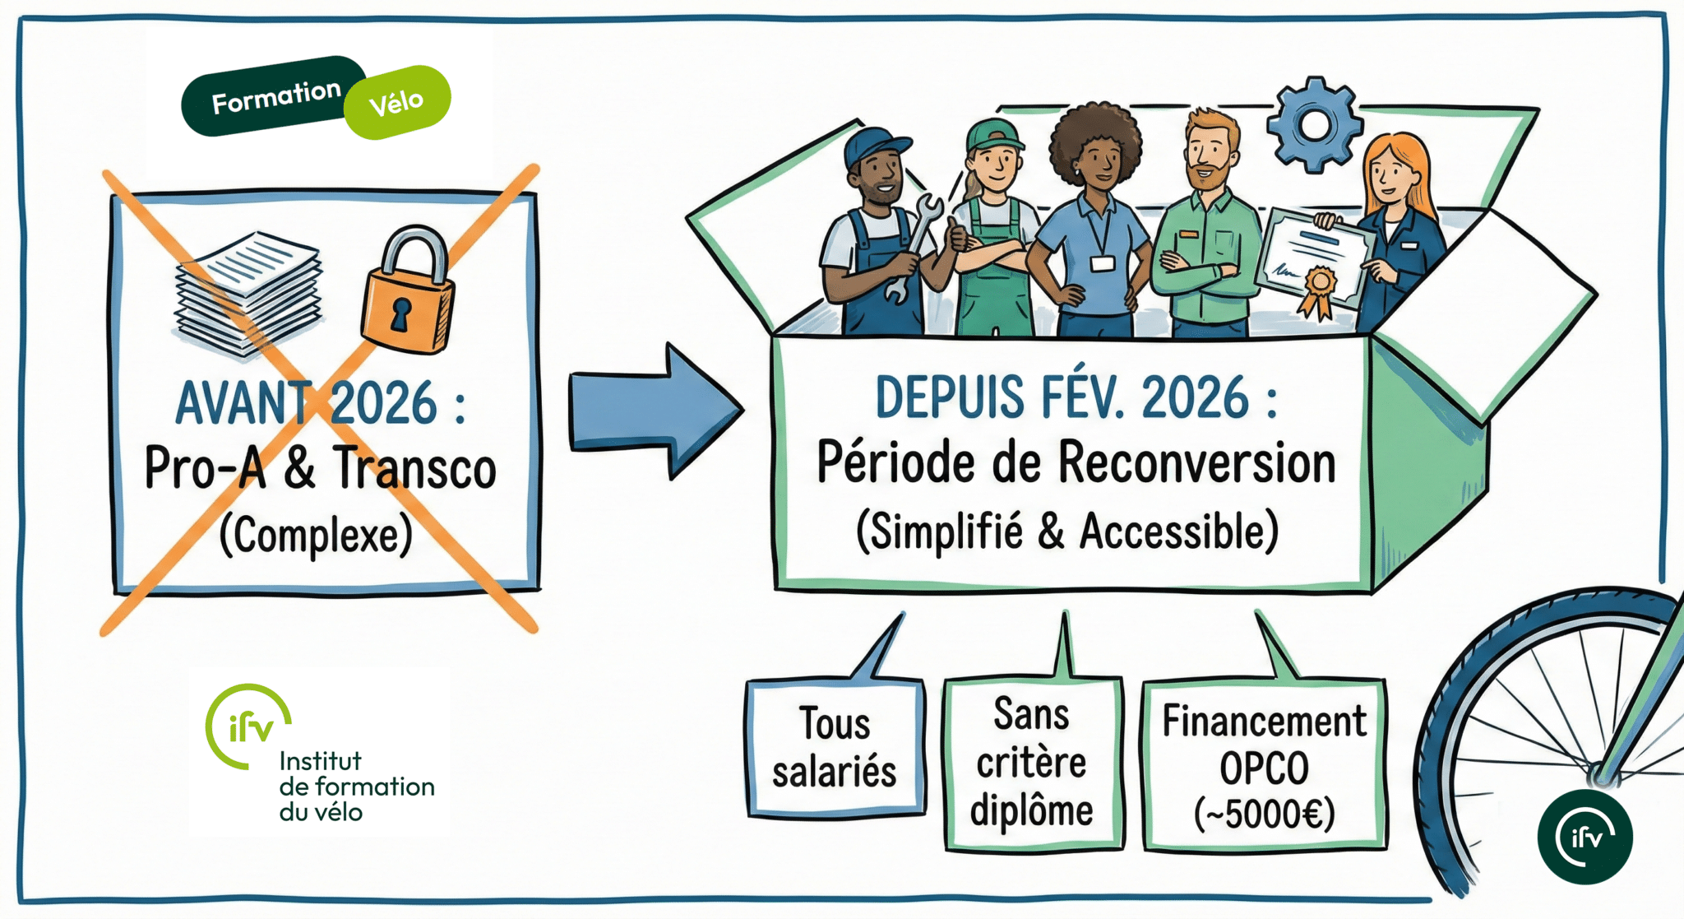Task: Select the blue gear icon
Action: (1315, 124)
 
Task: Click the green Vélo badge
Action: (398, 102)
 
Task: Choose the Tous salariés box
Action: (835, 748)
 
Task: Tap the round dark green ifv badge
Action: (1585, 837)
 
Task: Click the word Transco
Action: (414, 468)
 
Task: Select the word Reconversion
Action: (1196, 463)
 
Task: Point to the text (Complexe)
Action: (316, 536)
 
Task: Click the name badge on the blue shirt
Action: (1103, 263)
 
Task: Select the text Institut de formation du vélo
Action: (356, 787)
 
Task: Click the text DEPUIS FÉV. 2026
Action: (1076, 398)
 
